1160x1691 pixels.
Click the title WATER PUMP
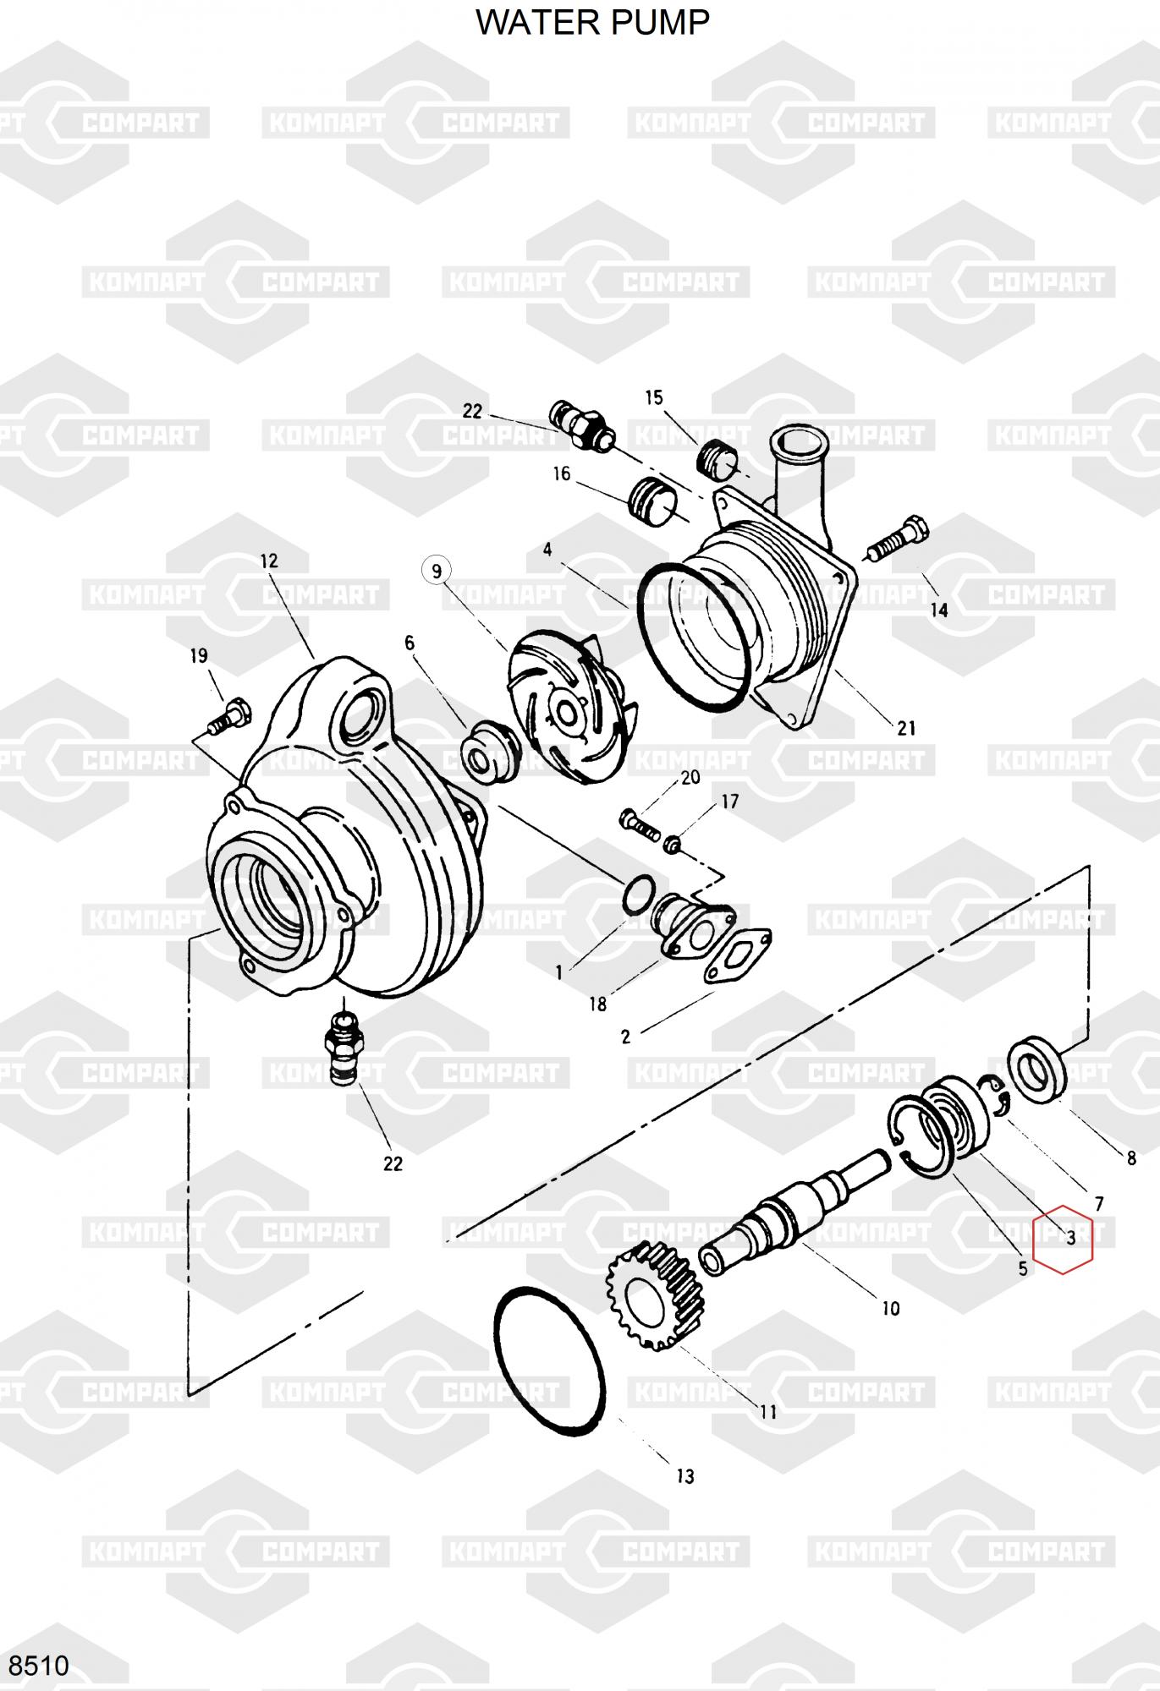[x=592, y=23]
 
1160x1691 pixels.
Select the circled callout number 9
[x=437, y=572]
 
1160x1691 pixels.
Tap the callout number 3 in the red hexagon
[x=1070, y=1239]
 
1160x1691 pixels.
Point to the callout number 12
[x=269, y=561]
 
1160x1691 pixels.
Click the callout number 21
[x=906, y=728]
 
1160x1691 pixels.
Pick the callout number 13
[x=684, y=1476]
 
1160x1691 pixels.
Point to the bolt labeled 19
[x=228, y=715]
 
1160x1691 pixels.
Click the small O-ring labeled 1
[x=639, y=895]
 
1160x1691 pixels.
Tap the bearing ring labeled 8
[x=1036, y=1067]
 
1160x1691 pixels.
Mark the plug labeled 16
[x=652, y=501]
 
